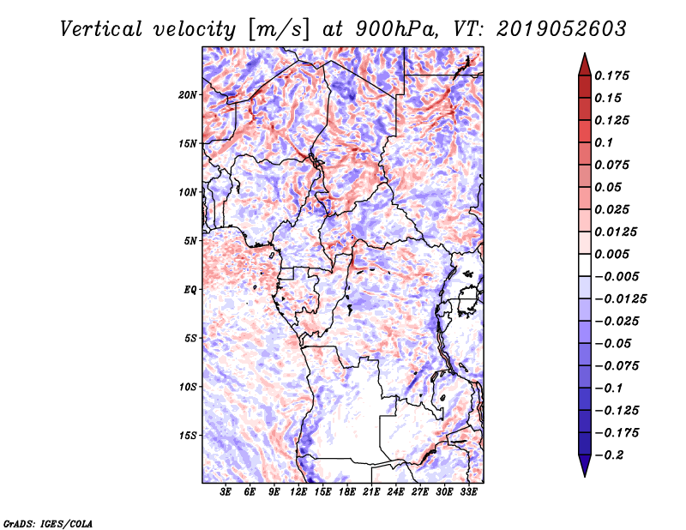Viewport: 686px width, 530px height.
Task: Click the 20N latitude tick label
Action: point(188,94)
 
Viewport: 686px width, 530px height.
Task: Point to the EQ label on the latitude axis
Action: point(190,289)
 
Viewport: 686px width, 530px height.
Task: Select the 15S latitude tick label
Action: point(188,435)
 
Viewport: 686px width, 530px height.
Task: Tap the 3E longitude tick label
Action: point(226,492)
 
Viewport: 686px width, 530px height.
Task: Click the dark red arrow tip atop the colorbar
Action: point(584,60)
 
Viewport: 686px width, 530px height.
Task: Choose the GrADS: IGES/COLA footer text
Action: point(47,522)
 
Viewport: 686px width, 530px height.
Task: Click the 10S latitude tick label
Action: point(188,387)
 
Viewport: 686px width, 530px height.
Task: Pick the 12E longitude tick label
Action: point(299,492)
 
